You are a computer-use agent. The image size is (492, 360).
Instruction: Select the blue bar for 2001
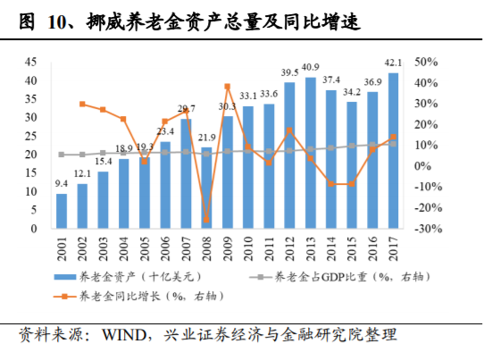pyautogui.click(x=62, y=211)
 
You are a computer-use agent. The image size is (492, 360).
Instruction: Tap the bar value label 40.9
pyautogui.click(x=311, y=68)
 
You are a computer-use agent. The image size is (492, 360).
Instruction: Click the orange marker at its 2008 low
pyautogui.click(x=206, y=219)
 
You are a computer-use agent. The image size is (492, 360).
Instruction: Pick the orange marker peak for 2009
pyautogui.click(x=227, y=86)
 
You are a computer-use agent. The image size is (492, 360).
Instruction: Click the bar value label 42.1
pyautogui.click(x=394, y=63)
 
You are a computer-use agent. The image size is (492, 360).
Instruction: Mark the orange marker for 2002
pyautogui.click(x=82, y=105)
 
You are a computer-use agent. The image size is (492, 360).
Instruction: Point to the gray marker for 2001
pyautogui.click(x=62, y=155)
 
